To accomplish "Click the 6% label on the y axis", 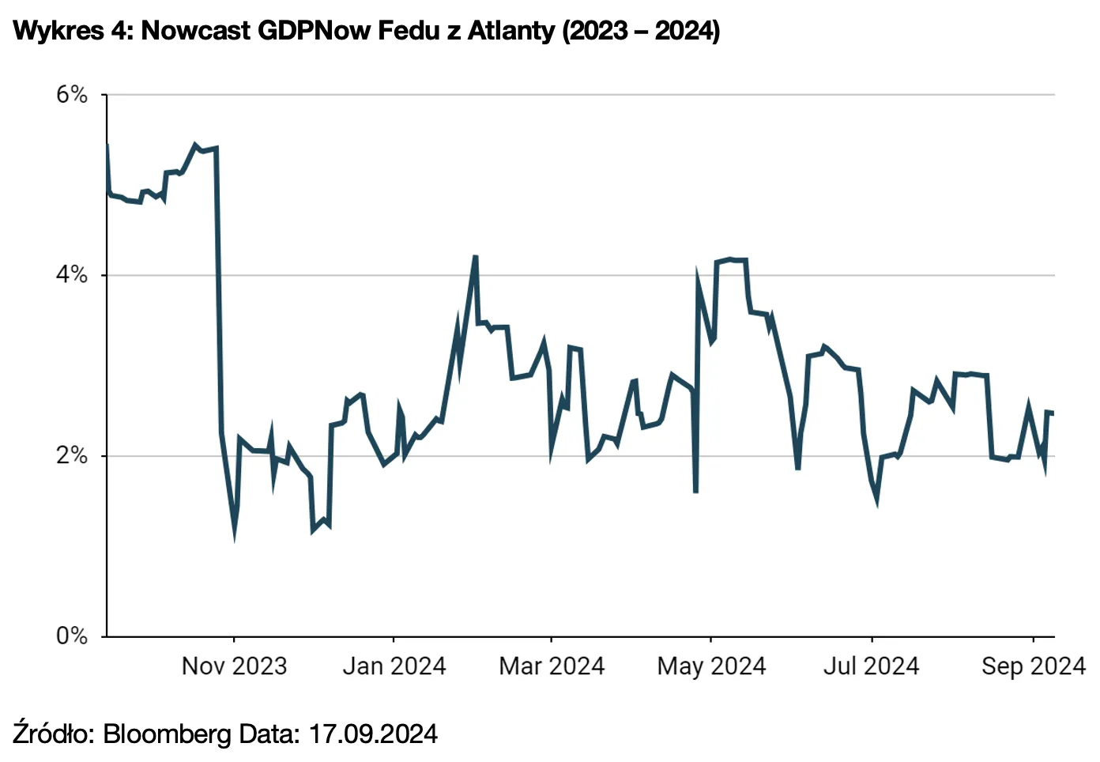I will [71, 95].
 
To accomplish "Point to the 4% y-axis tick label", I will [71, 275].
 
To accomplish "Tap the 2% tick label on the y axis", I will [71, 455].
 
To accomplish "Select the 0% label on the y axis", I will [71, 636].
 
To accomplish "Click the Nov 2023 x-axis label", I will [234, 666].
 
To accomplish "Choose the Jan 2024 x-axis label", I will [394, 666].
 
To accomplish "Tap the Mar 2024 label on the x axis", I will [552, 666].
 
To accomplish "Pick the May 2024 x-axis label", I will [711, 666].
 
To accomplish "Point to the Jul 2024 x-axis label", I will [871, 666].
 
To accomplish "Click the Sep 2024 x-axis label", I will [1033, 666].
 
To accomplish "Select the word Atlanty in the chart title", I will [510, 31].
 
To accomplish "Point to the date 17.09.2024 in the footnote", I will [372, 734].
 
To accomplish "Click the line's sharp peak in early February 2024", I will [475, 257].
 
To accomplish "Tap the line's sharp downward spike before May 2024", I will [695, 492].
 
